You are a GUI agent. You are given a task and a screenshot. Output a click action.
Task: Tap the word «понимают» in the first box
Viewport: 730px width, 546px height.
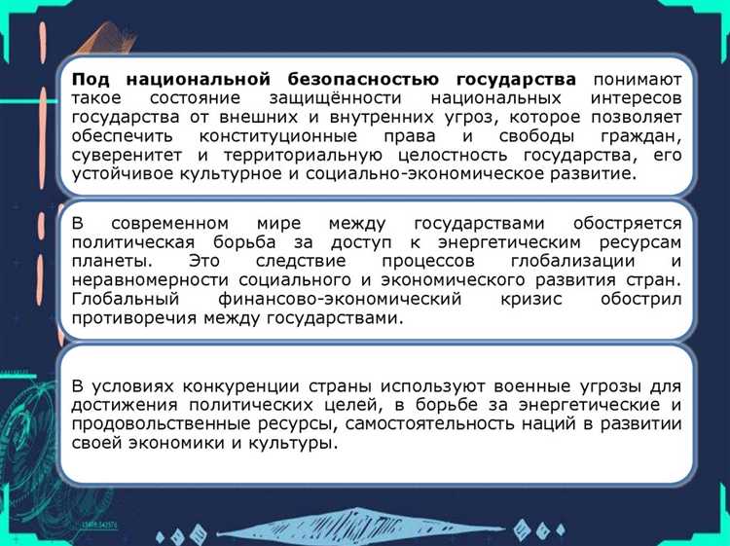(637, 79)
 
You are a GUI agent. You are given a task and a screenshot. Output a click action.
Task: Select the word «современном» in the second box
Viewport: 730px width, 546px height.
(174, 222)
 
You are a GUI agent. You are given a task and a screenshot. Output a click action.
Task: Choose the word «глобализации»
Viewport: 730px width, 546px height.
(566, 261)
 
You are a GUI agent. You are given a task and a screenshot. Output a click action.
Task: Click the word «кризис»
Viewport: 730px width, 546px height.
(531, 300)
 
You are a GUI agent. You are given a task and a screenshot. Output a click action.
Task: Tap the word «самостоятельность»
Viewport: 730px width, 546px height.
(420, 423)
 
